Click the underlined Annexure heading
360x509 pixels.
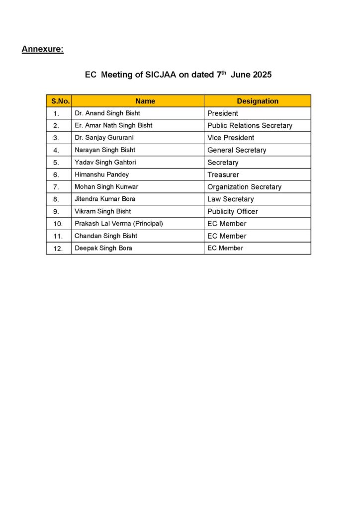point(43,49)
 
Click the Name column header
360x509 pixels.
point(145,101)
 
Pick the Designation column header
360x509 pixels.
point(258,101)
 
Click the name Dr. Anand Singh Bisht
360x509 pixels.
point(107,113)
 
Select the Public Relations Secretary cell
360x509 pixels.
point(250,125)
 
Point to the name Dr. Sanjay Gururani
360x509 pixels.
point(104,138)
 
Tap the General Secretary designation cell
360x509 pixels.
point(237,150)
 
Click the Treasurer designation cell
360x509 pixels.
point(223,174)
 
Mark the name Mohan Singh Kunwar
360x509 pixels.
point(106,187)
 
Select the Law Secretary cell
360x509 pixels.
point(231,199)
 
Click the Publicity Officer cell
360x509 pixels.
point(233,211)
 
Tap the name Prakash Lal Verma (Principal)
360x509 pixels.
point(119,224)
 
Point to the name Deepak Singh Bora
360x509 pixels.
point(103,248)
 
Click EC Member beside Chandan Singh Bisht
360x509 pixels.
point(227,236)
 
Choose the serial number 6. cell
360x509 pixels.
point(56,175)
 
